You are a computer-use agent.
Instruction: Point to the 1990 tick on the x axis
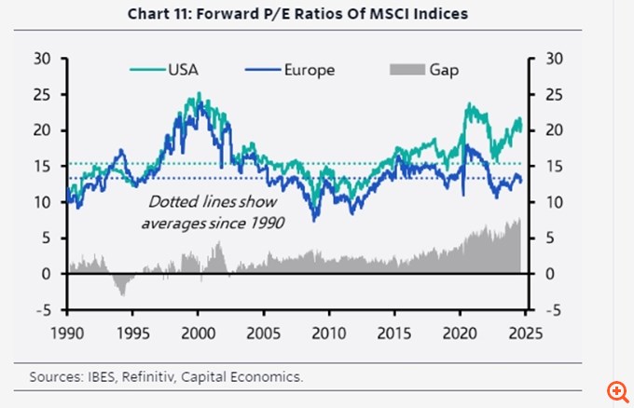click(66, 333)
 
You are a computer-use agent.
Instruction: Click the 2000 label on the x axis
click(198, 333)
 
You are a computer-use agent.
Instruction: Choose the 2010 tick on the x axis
click(328, 333)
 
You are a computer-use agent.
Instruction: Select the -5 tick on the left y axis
click(45, 309)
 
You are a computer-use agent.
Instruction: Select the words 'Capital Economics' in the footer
click(257, 376)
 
